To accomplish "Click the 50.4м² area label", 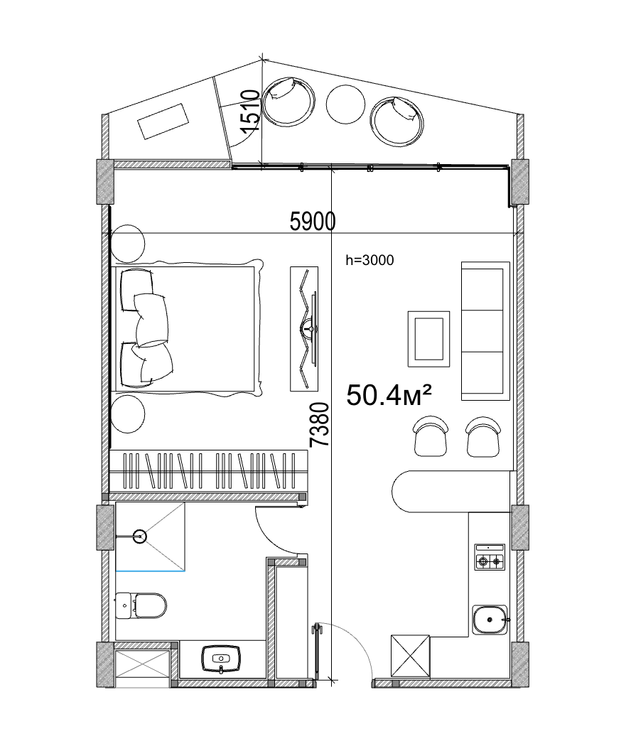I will [x=390, y=395].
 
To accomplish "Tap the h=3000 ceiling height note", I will [x=369, y=261].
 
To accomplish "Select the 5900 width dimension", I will [x=313, y=222].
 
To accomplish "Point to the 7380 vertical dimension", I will [x=320, y=424].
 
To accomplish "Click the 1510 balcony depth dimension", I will [x=248, y=112].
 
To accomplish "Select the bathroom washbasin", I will [x=222, y=658].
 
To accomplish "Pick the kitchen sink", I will [x=490, y=620].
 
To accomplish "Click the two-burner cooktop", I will [x=490, y=558].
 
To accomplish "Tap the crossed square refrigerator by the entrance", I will [x=410, y=655].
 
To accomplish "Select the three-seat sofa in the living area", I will [x=485, y=330].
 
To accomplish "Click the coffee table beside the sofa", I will [x=428, y=339].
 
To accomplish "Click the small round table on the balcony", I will [x=345, y=103].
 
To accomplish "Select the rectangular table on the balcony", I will [x=164, y=120].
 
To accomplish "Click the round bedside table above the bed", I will [x=128, y=242].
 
